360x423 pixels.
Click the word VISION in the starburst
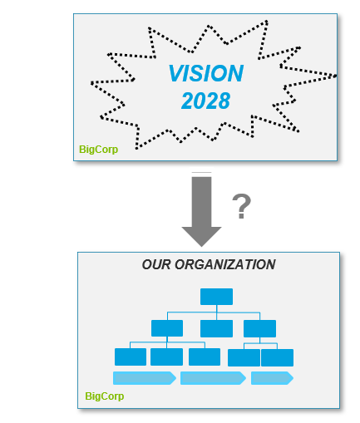click(x=206, y=73)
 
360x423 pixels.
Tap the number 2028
click(x=205, y=101)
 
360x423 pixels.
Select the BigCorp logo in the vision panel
click(x=98, y=150)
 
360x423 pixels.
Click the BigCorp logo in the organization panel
click(x=105, y=396)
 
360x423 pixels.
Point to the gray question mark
click(x=241, y=206)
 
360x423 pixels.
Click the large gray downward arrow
click(x=201, y=209)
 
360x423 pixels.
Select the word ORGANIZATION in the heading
click(x=225, y=264)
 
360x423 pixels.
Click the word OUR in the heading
click(x=156, y=264)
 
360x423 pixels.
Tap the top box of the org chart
click(x=216, y=297)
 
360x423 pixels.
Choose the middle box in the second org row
click(x=216, y=328)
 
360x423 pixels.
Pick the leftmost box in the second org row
click(x=167, y=328)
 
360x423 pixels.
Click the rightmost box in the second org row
click(x=259, y=328)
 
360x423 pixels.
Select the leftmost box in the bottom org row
click(x=131, y=357)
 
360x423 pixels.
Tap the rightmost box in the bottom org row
click(x=277, y=357)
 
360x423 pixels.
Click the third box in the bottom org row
click(x=205, y=357)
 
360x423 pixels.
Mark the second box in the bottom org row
click(x=166, y=357)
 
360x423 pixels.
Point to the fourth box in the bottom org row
click(x=244, y=357)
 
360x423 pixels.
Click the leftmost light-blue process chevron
click(x=145, y=378)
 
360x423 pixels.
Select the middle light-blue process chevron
click(x=213, y=378)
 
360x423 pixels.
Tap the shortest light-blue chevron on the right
click(x=272, y=378)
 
